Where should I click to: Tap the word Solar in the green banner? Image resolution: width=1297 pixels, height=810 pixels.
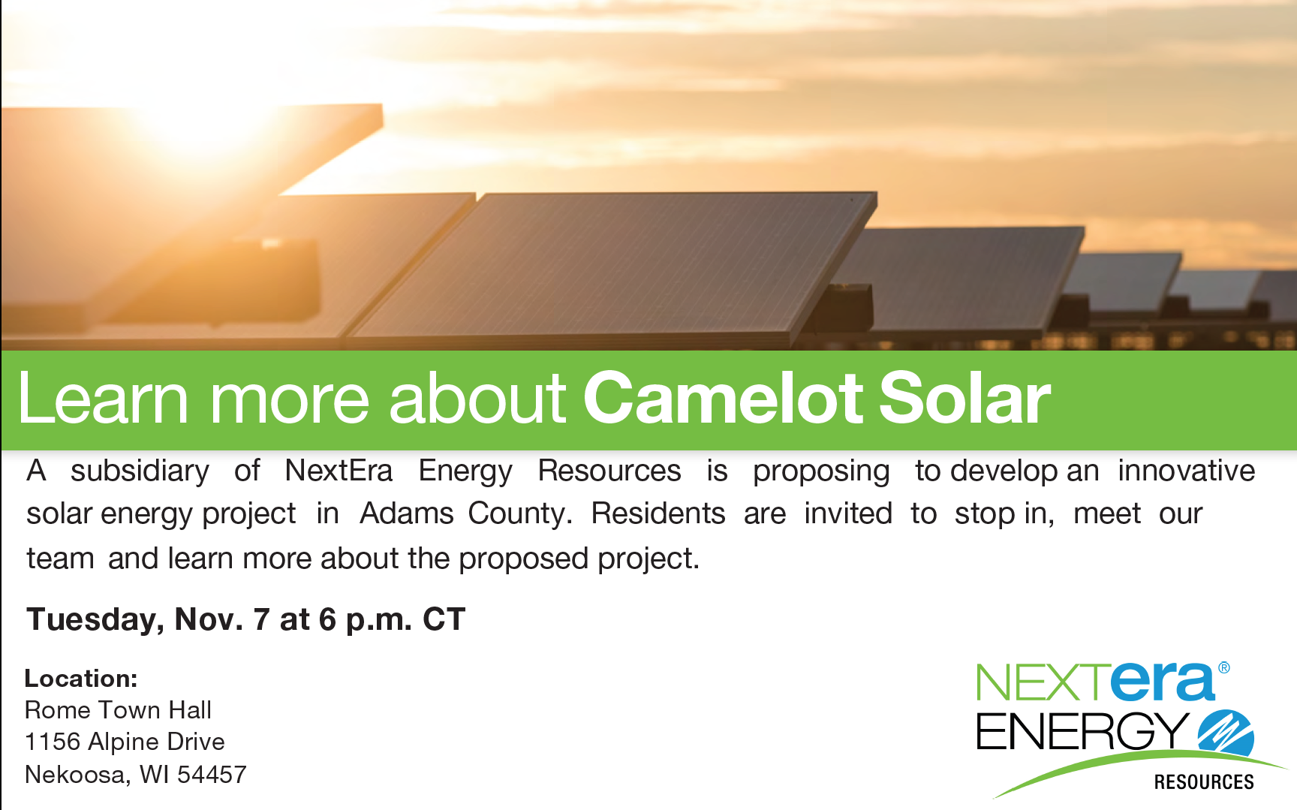[x=964, y=398]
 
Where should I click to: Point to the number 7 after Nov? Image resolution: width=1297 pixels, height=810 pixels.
[x=261, y=620]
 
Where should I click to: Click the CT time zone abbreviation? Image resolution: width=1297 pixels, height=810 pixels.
[x=444, y=620]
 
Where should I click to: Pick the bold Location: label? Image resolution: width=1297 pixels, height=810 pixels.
[x=81, y=679]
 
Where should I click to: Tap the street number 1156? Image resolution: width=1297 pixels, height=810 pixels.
[x=53, y=742]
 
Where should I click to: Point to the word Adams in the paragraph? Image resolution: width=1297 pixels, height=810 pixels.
[x=407, y=514]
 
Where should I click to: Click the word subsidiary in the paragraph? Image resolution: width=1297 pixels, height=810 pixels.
[x=140, y=471]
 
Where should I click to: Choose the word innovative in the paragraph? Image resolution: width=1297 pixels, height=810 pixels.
[x=1186, y=471]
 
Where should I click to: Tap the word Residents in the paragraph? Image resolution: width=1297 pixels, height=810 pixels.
[x=658, y=514]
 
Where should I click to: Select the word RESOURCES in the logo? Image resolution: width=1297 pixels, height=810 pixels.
[x=1204, y=782]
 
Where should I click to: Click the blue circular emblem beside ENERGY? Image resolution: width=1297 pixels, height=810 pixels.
[x=1226, y=733]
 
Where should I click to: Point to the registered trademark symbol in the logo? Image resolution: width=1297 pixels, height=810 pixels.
[x=1223, y=667]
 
